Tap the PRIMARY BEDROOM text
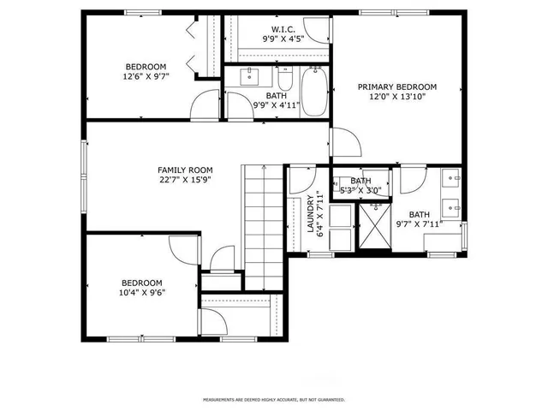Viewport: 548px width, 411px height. point(396,86)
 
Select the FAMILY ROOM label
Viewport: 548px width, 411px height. point(184,170)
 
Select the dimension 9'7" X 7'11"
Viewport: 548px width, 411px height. point(419,226)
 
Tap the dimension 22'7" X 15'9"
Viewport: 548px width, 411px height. point(184,181)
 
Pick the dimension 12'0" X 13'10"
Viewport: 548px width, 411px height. point(396,98)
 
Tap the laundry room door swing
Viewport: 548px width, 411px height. point(301,179)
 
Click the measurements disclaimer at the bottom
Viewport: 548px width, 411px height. point(273,400)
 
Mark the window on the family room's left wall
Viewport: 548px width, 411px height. point(84,176)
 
